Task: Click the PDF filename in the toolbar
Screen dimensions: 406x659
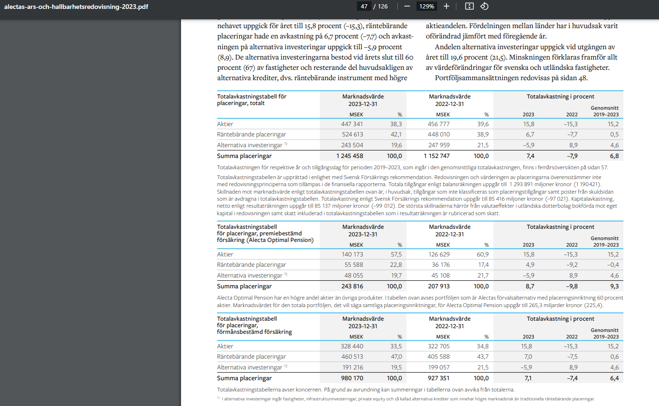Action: (76, 7)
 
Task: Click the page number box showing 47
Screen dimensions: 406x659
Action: (364, 7)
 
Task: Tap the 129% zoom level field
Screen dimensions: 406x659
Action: (426, 7)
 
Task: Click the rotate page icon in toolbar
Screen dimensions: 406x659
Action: (485, 7)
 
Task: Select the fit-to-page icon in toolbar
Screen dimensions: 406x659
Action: (470, 7)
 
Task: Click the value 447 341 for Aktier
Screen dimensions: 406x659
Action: (352, 124)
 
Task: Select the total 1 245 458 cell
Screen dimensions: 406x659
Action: (349, 156)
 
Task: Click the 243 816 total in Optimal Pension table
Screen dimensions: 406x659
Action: (352, 286)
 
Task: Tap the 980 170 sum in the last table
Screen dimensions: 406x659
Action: (352, 378)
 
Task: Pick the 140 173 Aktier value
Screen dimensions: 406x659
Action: (352, 255)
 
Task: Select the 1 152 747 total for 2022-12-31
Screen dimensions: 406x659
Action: (437, 156)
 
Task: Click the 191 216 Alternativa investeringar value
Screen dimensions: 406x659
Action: (353, 368)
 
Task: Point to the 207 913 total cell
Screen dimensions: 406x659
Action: (439, 286)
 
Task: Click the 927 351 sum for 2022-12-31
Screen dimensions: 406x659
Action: (439, 378)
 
